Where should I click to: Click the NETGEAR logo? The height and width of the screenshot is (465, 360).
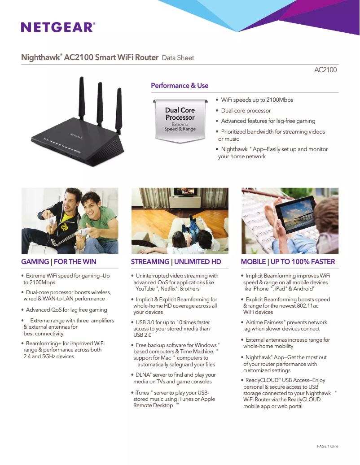point(58,27)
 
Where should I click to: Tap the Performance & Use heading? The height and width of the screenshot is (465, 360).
point(180,86)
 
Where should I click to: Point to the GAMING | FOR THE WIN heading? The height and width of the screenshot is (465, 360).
point(59,262)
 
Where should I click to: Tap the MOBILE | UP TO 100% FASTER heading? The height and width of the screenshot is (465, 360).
point(288,262)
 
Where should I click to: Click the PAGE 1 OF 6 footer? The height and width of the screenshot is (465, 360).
point(327,446)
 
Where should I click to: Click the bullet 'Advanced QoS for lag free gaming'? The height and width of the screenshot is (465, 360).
point(66,310)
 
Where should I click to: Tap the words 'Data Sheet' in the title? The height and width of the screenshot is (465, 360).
point(178,58)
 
